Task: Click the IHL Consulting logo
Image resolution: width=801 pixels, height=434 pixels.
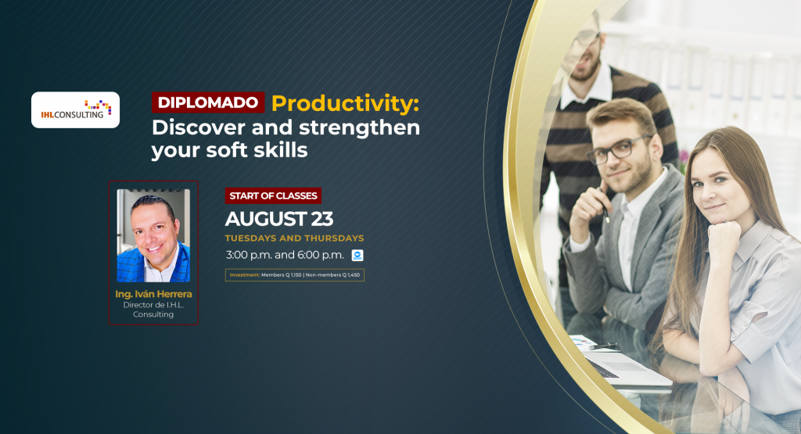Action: click(76, 109)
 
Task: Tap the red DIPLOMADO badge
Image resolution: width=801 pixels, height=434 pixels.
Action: click(208, 102)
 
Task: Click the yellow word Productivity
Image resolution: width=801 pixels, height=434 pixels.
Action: click(345, 103)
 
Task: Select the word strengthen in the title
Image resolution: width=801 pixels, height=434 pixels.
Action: click(359, 127)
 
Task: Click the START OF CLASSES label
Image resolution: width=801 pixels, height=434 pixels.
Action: click(273, 195)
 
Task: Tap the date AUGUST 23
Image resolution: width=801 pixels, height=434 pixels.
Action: click(279, 219)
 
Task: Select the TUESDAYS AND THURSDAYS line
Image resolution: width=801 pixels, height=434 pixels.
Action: click(295, 239)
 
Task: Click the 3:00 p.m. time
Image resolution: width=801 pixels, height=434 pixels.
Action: click(248, 255)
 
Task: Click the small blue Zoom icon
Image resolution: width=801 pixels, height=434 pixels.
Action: click(357, 255)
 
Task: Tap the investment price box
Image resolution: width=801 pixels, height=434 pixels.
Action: click(295, 275)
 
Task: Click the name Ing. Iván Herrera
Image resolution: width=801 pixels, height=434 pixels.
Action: click(153, 294)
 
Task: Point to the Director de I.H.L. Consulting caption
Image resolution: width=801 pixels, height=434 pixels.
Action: click(153, 310)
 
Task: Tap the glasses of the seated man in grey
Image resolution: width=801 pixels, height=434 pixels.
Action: click(620, 149)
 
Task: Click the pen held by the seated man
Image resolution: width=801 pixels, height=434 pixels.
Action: click(605, 206)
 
